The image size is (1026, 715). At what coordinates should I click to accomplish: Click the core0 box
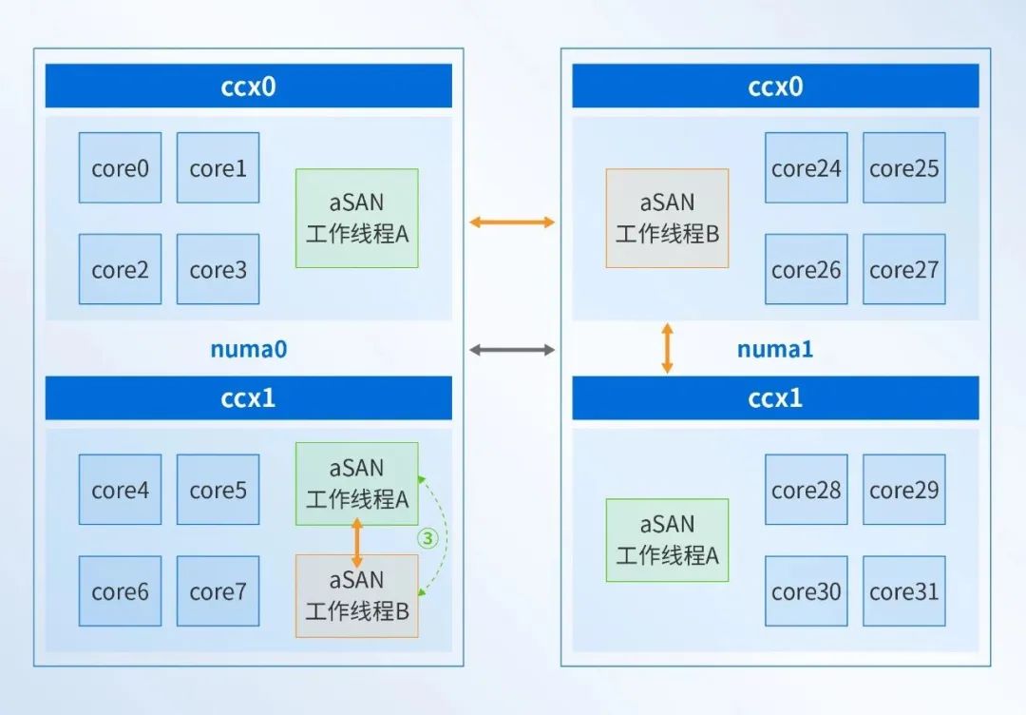[120, 167]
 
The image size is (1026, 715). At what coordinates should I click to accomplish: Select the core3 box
[218, 269]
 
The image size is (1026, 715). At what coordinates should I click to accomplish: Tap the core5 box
[218, 489]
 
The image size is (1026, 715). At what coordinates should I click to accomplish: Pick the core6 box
[120, 591]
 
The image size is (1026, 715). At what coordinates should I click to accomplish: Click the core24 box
[807, 167]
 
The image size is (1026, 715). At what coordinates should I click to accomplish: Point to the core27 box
[904, 269]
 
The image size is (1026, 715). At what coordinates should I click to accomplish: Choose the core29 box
[904, 489]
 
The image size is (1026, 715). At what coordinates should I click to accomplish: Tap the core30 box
[807, 591]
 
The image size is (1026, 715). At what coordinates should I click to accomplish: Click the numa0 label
[249, 349]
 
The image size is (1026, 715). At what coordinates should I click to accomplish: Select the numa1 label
[775, 349]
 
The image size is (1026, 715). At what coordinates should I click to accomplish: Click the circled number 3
[427, 538]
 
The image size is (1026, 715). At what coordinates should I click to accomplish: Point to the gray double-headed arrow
[512, 350]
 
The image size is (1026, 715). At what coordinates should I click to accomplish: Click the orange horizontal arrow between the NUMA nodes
[512, 222]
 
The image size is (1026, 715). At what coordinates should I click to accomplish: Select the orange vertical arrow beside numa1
[667, 348]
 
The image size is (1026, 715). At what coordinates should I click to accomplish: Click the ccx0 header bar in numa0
[249, 86]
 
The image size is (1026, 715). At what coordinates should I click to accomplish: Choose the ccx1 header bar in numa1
[775, 397]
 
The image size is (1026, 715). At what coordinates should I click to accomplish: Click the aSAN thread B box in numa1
[667, 218]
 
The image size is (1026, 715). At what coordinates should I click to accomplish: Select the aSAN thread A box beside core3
[356, 218]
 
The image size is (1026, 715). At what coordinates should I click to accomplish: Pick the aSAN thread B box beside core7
[356, 596]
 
